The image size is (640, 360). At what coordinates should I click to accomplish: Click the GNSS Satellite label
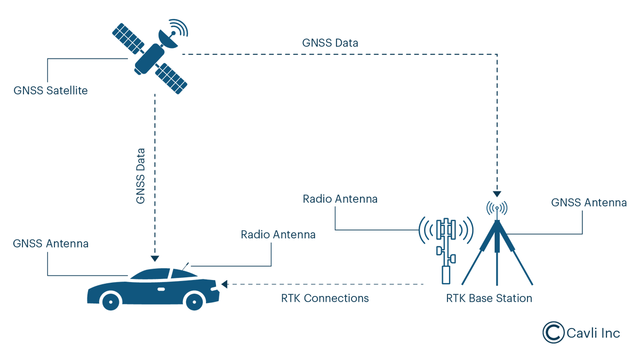pyautogui.click(x=51, y=91)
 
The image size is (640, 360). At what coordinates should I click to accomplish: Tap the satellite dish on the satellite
pyautogui.click(x=170, y=39)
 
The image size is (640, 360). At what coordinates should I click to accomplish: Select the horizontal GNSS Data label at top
pyautogui.click(x=330, y=43)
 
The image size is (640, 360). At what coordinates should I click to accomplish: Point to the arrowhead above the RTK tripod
pyautogui.click(x=497, y=194)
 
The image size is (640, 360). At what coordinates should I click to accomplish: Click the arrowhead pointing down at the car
pyautogui.click(x=155, y=259)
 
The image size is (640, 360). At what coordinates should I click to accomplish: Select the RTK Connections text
pyautogui.click(x=325, y=298)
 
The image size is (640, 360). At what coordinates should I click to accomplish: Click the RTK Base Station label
pyautogui.click(x=489, y=298)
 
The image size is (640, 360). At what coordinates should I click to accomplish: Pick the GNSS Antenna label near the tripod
pyautogui.click(x=589, y=203)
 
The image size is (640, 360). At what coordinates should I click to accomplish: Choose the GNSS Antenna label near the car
pyautogui.click(x=51, y=244)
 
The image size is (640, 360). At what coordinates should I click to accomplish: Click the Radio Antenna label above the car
pyautogui.click(x=278, y=235)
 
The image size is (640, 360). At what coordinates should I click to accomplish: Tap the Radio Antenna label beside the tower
pyautogui.click(x=340, y=199)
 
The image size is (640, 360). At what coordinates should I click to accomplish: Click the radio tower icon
pyautogui.click(x=446, y=248)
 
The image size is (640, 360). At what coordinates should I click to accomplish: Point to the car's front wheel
pyautogui.click(x=195, y=301)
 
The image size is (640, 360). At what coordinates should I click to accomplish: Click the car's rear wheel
pyautogui.click(x=111, y=301)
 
